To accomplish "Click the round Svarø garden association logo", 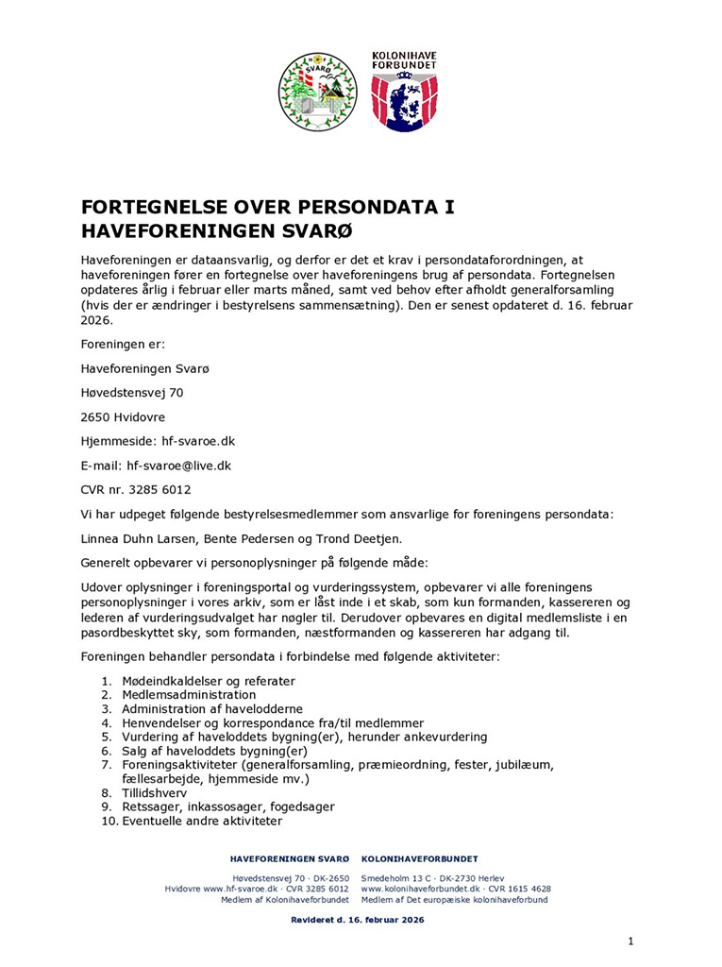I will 317,92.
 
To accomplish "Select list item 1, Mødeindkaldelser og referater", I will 209,681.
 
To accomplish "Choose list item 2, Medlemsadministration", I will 189,695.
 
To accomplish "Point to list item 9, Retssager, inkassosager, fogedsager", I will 228,807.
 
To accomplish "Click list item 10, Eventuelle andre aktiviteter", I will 202,822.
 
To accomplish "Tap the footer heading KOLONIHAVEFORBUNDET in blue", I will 419,858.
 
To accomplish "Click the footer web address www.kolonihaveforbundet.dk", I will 423,889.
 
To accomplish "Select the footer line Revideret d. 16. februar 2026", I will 358,919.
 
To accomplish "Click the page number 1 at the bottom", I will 630,941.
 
